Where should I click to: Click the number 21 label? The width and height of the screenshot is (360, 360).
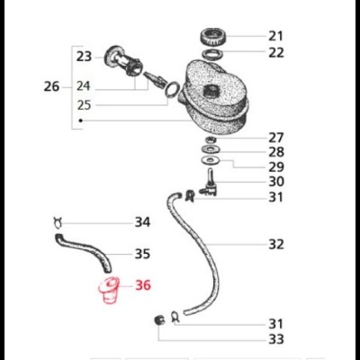coord(275,36)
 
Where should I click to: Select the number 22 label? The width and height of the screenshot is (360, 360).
coord(275,52)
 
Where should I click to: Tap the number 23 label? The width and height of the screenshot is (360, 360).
coord(84,56)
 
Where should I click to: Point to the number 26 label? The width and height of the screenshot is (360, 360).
coord(51,87)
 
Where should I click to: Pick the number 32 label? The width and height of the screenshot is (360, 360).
coord(275,244)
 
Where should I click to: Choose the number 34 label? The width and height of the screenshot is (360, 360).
coord(142,221)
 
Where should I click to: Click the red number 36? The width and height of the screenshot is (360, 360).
coord(144,286)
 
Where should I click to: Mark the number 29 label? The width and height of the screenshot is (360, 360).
coord(275,167)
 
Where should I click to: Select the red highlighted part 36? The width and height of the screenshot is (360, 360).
coord(108,292)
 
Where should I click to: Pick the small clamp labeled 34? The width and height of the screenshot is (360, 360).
coord(58,221)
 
